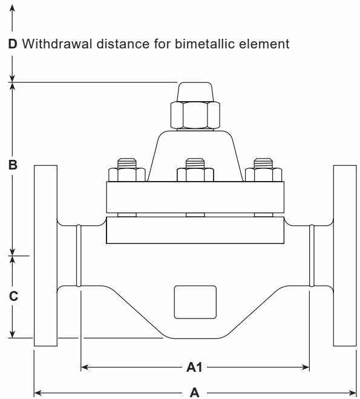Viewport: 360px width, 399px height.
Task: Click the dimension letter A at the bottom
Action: [x=195, y=392]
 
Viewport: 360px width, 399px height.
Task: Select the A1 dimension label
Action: [x=195, y=366]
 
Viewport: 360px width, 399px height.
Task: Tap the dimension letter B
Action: [x=12, y=164]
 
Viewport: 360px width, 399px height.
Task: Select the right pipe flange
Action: [x=344, y=254]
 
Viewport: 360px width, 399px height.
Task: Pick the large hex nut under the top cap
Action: [x=195, y=114]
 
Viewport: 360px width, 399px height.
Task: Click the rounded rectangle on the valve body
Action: [x=195, y=302]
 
